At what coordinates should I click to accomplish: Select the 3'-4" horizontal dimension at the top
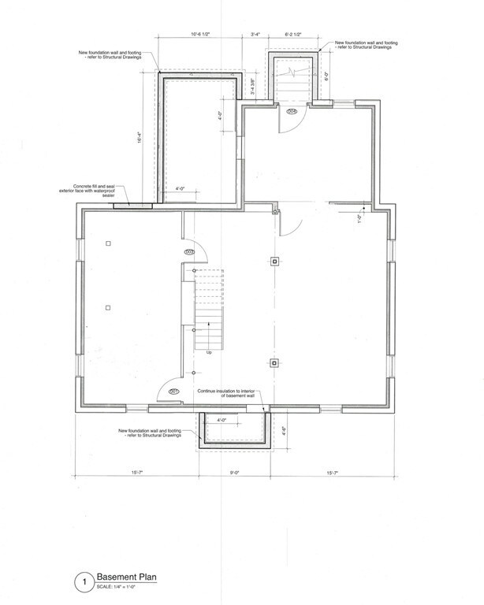256,35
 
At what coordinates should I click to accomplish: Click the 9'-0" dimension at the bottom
234,473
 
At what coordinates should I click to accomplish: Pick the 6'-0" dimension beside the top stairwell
326,76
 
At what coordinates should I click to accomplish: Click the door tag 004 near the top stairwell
291,113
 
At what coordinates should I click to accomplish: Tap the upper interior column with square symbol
274,262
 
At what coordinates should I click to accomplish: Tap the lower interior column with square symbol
274,363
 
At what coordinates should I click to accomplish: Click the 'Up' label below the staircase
209,352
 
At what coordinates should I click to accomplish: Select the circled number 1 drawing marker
80,584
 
